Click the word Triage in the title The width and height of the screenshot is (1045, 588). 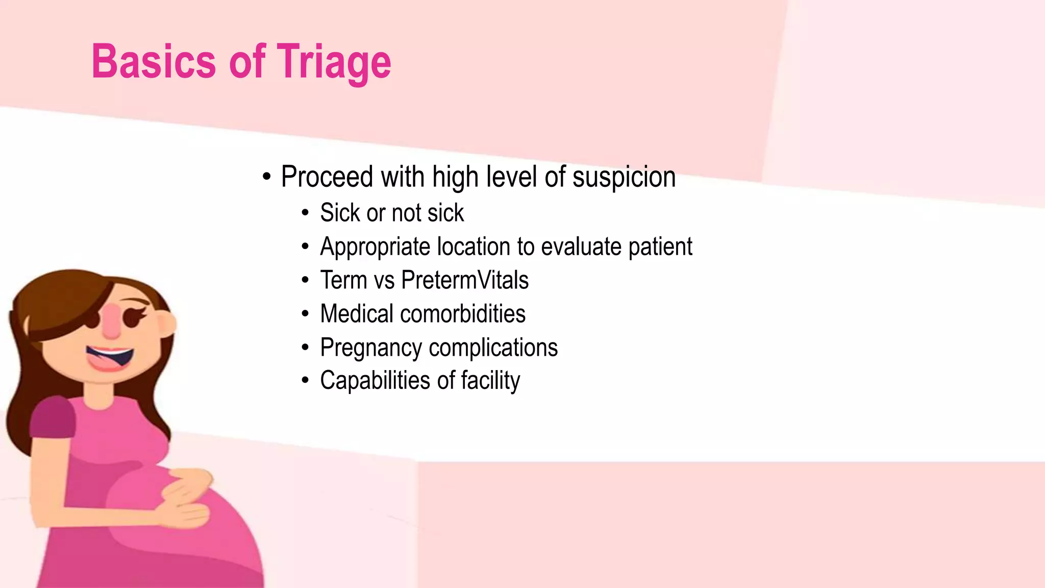point(334,62)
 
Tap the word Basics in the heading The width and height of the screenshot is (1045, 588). point(154,62)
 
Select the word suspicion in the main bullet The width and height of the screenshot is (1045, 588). point(624,177)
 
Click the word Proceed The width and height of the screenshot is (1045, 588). point(327,177)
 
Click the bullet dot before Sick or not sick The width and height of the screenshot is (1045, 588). point(305,213)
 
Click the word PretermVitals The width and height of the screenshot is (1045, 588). point(465,280)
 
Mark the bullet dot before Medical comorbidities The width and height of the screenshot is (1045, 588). point(305,314)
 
